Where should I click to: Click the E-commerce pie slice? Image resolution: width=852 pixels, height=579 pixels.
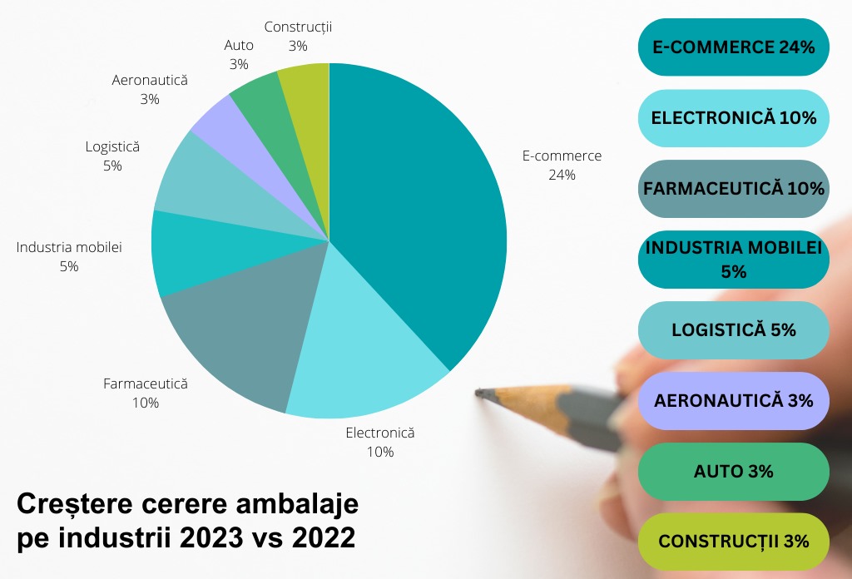coord(416,208)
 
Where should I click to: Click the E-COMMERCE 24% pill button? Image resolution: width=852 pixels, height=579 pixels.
coord(733,47)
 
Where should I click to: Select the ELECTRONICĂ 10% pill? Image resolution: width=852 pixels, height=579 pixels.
coord(733,118)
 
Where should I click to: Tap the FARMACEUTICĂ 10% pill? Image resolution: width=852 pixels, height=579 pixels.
coord(733,189)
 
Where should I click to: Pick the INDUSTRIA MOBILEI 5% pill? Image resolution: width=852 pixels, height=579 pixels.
coord(733,260)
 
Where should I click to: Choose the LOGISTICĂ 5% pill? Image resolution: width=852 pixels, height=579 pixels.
coord(733,330)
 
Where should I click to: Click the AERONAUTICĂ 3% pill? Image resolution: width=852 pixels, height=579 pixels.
coord(733,401)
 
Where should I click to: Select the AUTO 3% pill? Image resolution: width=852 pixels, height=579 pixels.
coord(733,472)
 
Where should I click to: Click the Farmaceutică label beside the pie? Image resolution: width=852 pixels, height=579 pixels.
coord(146,384)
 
